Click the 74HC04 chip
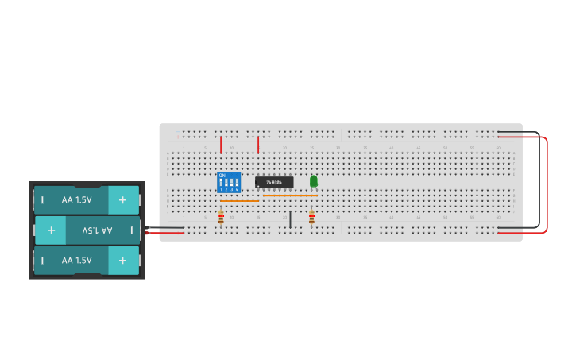point(274,182)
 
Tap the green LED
point(314,181)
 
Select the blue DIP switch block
point(229,182)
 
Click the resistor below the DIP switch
point(221,217)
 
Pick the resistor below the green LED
point(311,217)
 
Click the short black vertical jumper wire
point(290,219)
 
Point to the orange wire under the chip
point(290,195)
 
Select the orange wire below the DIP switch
point(238,201)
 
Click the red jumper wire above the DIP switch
point(221,144)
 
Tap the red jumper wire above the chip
point(258,144)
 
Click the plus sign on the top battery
point(122,200)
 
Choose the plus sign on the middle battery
point(51,230)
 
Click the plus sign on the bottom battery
point(122,260)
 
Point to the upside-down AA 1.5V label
point(97,230)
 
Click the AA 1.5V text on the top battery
point(77,200)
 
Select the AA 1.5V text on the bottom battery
point(77,260)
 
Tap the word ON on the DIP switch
point(222,174)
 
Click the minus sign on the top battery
point(43,200)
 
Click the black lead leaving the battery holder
point(167,228)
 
